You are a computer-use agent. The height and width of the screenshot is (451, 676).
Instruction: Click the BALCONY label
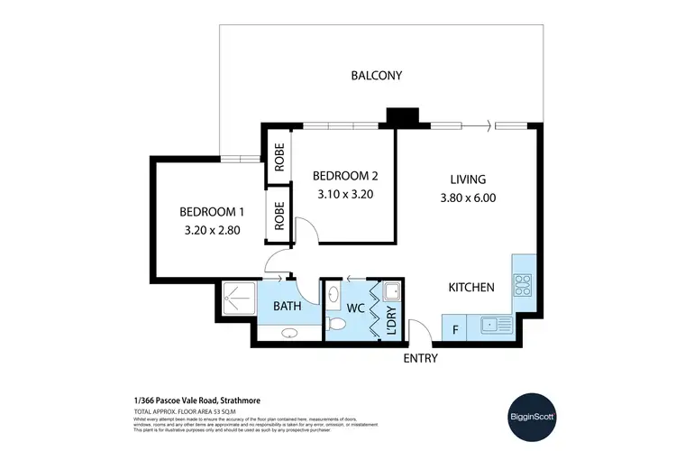pyautogui.click(x=376, y=75)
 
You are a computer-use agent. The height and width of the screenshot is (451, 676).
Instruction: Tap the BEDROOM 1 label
pyautogui.click(x=212, y=211)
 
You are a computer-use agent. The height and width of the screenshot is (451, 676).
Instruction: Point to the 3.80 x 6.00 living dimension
pyautogui.click(x=468, y=198)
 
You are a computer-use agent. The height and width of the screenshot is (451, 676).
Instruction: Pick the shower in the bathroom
pyautogui.click(x=240, y=295)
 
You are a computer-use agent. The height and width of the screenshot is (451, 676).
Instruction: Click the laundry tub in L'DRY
pyautogui.click(x=391, y=292)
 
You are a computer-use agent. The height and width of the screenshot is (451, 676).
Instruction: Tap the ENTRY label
pyautogui.click(x=420, y=358)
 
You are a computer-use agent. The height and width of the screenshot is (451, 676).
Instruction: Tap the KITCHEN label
pyautogui.click(x=471, y=288)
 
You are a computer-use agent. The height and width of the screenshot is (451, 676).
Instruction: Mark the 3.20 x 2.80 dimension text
pyautogui.click(x=212, y=230)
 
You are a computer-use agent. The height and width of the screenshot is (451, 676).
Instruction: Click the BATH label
pyautogui.click(x=287, y=308)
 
